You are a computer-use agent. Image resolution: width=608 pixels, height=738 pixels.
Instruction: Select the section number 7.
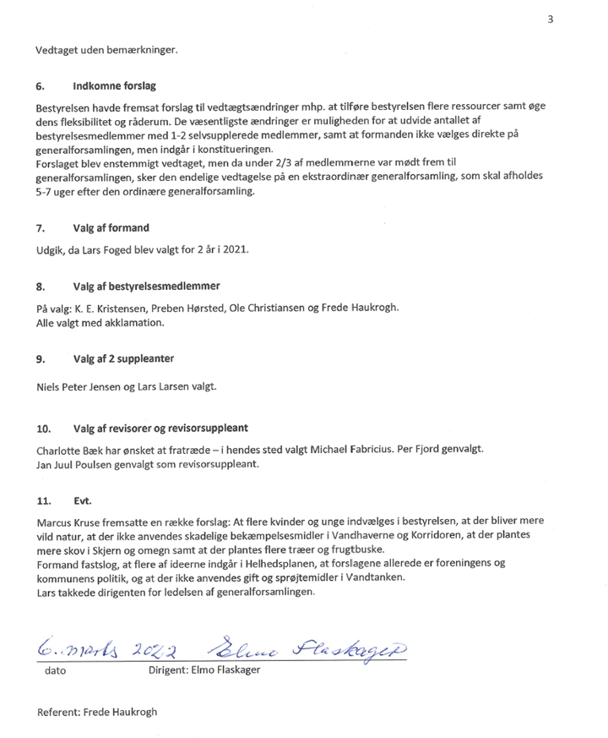[40, 228]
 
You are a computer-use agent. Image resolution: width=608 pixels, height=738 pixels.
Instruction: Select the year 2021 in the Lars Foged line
[237, 252]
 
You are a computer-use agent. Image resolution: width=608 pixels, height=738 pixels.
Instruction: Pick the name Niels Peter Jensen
[77, 387]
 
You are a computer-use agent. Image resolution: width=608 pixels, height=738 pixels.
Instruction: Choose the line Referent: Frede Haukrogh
[97, 712]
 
